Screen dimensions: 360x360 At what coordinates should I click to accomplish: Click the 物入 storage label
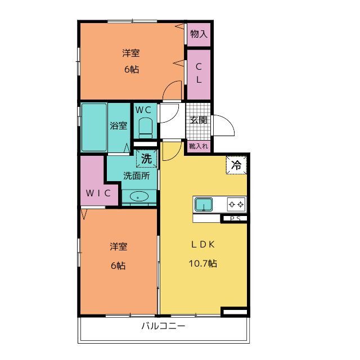[199, 34]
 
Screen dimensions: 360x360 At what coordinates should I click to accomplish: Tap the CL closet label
[199, 73]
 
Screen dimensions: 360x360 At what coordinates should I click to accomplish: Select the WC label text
[143, 110]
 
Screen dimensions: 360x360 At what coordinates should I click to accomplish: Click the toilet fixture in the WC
[146, 128]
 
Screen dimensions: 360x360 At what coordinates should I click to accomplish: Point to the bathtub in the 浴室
[94, 127]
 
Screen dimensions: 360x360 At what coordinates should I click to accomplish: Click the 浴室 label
[119, 126]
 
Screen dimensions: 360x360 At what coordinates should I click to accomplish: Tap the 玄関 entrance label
[199, 120]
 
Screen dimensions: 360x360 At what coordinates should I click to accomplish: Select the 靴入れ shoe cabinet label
[199, 146]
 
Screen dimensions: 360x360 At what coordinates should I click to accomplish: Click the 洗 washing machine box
[147, 159]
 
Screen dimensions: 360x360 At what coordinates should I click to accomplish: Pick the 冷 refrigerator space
[236, 165]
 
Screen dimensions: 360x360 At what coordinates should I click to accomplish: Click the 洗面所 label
[137, 175]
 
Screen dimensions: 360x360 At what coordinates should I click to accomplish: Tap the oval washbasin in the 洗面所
[139, 196]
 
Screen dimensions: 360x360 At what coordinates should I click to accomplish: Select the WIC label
[98, 193]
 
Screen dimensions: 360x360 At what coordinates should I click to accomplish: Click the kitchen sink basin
[204, 204]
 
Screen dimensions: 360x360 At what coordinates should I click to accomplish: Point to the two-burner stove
[236, 204]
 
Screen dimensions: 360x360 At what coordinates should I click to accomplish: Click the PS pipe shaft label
[235, 219]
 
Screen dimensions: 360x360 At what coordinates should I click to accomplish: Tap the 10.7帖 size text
[202, 263]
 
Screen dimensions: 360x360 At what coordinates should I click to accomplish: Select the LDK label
[203, 245]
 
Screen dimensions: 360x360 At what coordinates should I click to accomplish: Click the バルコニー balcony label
[163, 326]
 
